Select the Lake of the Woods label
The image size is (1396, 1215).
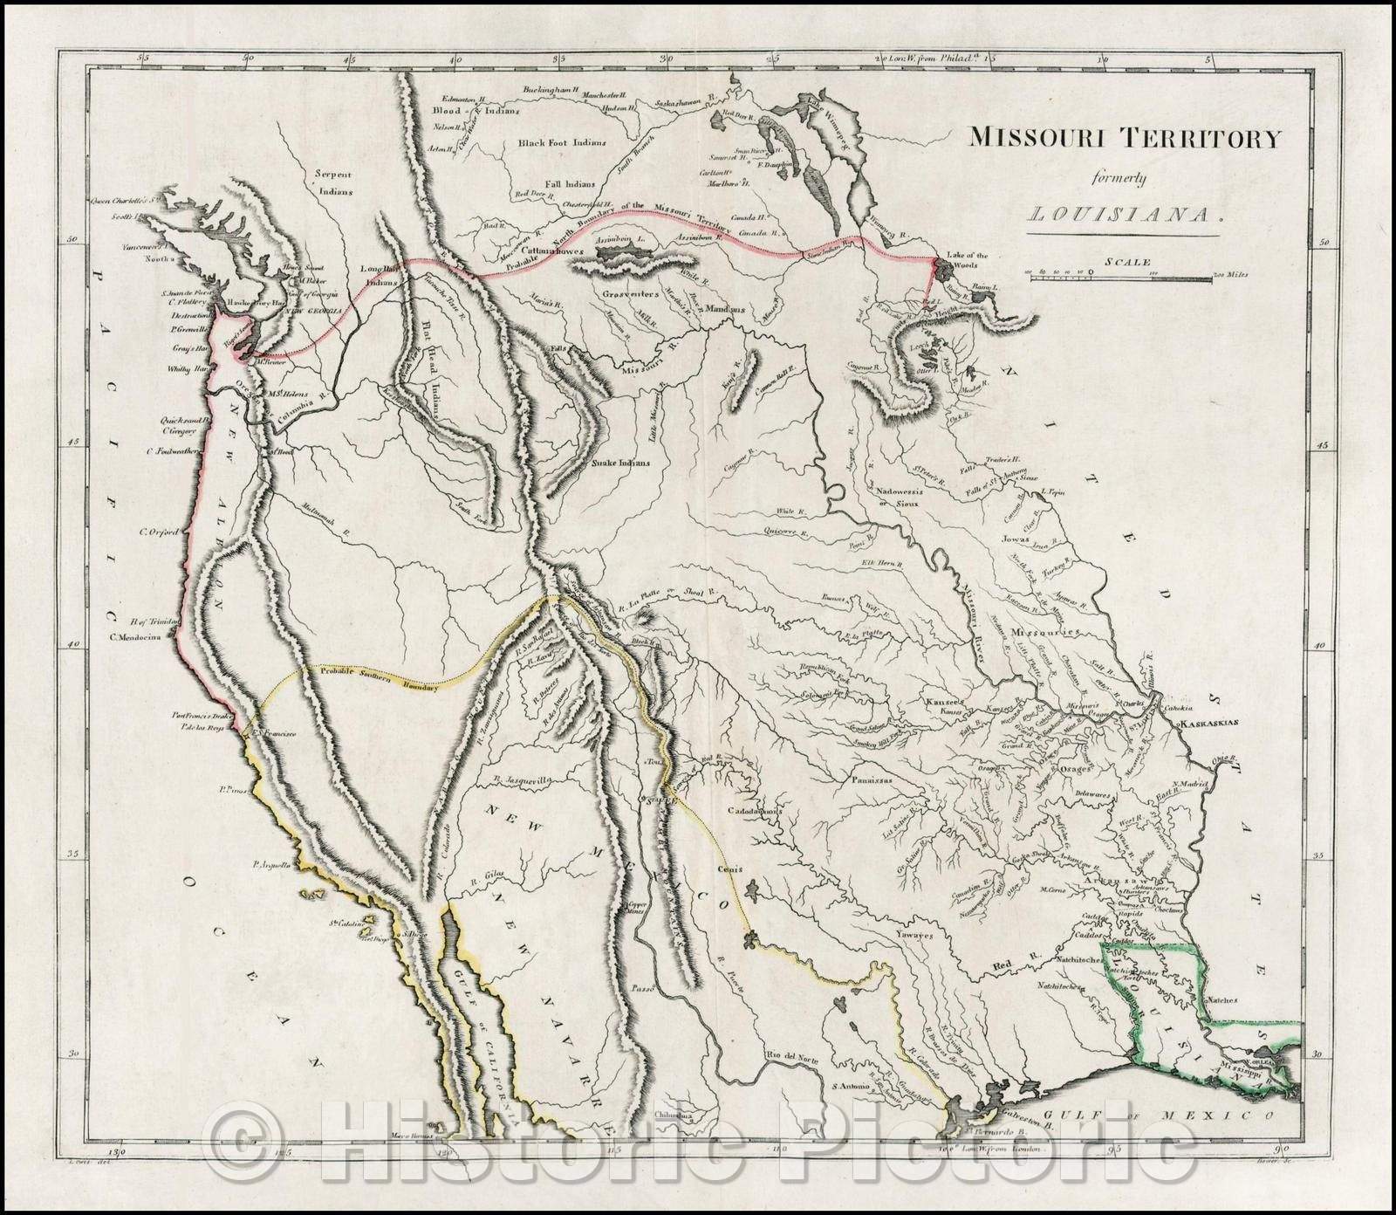coord(970,260)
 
